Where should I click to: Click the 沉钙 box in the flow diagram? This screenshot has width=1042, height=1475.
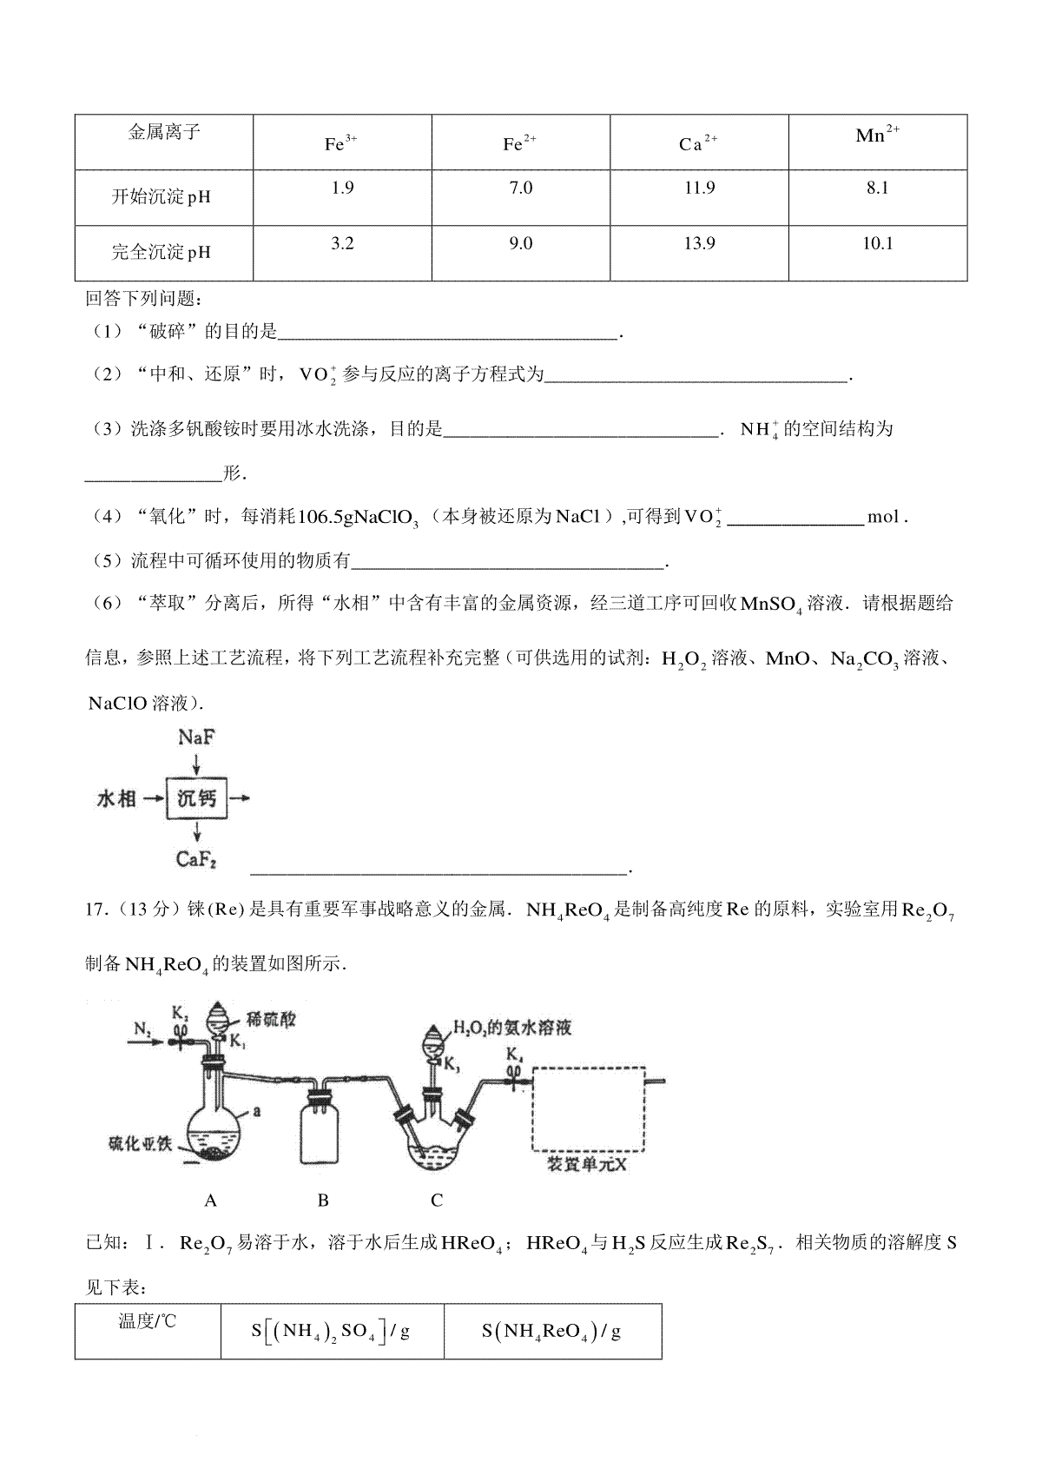[x=197, y=797]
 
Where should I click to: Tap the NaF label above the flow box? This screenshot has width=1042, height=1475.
[x=196, y=738]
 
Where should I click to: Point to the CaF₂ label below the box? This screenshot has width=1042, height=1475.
[x=196, y=860]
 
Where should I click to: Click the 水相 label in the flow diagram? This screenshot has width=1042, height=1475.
[x=116, y=798]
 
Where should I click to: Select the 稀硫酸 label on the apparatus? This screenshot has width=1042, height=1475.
[x=271, y=1020]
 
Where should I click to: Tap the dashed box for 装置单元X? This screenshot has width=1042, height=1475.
[x=588, y=1108]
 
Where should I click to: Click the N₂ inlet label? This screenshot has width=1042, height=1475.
[x=143, y=1030]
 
